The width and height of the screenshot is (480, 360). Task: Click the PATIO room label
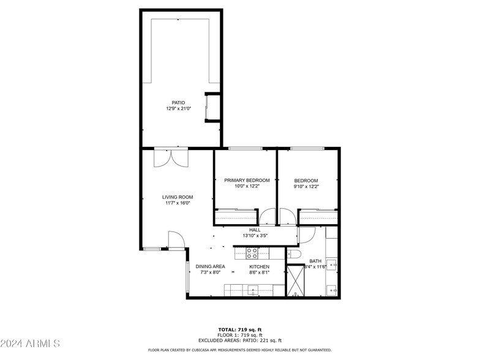178,102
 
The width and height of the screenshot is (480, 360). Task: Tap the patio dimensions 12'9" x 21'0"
178,108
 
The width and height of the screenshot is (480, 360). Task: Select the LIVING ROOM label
178,197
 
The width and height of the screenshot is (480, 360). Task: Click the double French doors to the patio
171,158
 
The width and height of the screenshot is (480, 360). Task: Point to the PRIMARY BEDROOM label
247,180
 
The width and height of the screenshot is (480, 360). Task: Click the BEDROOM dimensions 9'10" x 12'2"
306,187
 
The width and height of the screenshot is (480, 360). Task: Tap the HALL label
255,230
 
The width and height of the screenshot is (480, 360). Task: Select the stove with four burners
252,252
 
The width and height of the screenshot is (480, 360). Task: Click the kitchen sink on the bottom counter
252,290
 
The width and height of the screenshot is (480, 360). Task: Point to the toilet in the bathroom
293,254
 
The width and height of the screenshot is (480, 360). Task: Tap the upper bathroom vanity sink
331,264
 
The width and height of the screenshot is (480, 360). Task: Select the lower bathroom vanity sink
331,289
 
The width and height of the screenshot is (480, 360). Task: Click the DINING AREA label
210,266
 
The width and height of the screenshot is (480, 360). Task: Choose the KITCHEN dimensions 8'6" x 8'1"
259,272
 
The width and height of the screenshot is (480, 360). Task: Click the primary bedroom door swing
267,217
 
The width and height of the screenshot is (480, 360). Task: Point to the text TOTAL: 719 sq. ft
239,330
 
